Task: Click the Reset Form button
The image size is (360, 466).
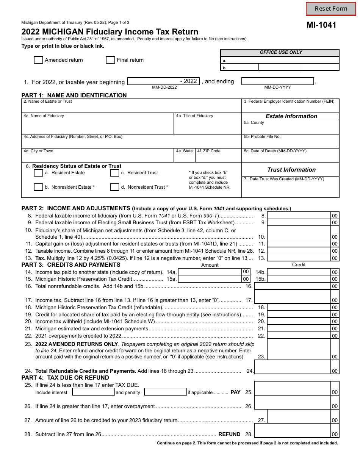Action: click(x=331, y=9)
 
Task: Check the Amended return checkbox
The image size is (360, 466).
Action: click(x=38, y=60)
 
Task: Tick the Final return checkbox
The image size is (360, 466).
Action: click(x=110, y=60)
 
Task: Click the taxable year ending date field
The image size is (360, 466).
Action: click(x=278, y=81)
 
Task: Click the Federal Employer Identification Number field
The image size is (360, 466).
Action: click(x=290, y=108)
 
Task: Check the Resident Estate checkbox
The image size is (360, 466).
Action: click(x=38, y=173)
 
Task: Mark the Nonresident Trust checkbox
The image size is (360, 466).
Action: click(x=115, y=187)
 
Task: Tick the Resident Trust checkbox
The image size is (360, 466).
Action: click(x=115, y=173)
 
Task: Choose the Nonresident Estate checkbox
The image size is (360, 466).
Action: click(x=38, y=187)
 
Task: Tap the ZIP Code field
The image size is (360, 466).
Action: click(x=218, y=157)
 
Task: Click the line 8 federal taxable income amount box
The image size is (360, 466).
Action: click(x=299, y=216)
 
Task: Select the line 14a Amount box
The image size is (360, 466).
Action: click(x=210, y=272)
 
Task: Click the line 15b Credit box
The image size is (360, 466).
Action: click(x=299, y=279)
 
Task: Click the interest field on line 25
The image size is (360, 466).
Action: click(x=93, y=392)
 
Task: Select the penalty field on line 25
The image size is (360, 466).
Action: click(x=166, y=392)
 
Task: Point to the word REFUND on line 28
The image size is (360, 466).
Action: click(x=229, y=434)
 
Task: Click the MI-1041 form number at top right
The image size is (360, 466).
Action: click(x=321, y=25)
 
